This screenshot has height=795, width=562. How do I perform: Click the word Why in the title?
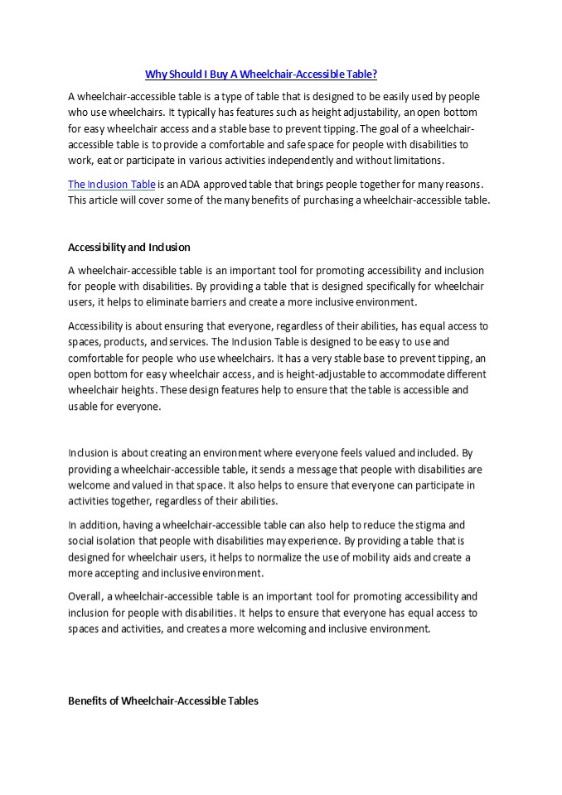[x=155, y=75]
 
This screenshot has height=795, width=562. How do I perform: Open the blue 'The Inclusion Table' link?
[x=111, y=184]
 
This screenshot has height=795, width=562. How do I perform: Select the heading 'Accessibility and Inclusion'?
[x=128, y=247]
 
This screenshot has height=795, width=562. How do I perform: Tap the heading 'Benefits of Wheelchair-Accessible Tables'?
[x=162, y=701]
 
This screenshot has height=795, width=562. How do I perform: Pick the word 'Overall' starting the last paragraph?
[x=85, y=596]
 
